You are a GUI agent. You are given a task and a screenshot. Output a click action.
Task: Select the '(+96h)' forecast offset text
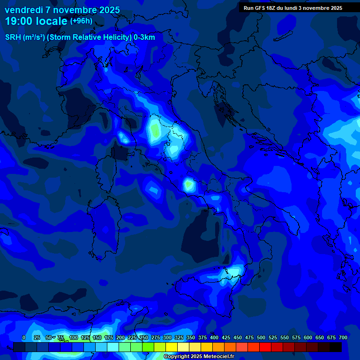coord(81,21)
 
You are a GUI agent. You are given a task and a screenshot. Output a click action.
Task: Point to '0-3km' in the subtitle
coord(144,37)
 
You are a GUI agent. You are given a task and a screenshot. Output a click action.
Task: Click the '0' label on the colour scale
coord(24,337)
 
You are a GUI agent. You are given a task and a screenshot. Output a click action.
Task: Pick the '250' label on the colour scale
coord(144,337)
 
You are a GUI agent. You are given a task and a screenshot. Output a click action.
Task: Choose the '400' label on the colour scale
coord(214,337)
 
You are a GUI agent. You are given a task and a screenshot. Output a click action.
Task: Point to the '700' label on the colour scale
coord(343,337)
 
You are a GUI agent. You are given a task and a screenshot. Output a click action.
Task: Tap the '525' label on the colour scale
coord(273,337)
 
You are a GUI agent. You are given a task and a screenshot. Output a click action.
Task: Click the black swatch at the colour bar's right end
coord(336,347)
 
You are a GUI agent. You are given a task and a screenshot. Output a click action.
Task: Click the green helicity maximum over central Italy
coord(154,129)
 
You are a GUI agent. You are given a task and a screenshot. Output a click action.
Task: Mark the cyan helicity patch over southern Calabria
coord(233,271)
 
